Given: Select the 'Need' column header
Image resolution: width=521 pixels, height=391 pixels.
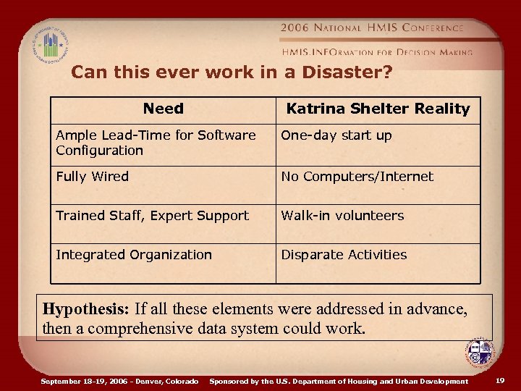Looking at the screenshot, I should (163, 109).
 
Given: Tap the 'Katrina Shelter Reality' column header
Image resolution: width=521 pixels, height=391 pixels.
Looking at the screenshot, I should (378, 109).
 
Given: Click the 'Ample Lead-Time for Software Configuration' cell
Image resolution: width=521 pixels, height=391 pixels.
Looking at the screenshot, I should (156, 143).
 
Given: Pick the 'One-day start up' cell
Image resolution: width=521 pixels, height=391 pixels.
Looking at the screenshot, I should (336, 135).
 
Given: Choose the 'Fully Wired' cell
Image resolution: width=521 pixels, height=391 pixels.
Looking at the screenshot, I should (92, 177).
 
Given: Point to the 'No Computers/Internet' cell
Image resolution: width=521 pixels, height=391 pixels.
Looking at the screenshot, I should (357, 177).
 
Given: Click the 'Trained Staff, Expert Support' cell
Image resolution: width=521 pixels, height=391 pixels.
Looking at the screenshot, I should (152, 216).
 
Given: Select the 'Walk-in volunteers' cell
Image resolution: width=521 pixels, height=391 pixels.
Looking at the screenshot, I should (342, 216).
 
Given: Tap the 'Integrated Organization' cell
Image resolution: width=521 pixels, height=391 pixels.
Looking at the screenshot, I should (134, 255).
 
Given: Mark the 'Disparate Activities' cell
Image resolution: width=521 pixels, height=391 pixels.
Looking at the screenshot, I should (344, 255).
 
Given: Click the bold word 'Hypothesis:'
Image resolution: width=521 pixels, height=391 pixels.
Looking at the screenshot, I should (85, 308).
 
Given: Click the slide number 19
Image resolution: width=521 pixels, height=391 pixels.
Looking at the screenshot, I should (501, 380).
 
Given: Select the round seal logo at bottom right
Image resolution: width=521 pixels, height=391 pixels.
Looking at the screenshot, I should (479, 354).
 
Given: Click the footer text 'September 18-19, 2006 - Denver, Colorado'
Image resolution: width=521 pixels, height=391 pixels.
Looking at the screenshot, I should (119, 381).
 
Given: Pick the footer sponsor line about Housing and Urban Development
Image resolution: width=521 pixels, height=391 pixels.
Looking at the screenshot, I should (338, 381).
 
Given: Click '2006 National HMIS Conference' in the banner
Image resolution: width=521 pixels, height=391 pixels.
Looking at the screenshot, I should (372, 28).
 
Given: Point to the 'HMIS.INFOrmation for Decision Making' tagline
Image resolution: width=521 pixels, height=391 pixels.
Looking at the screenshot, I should (377, 51).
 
